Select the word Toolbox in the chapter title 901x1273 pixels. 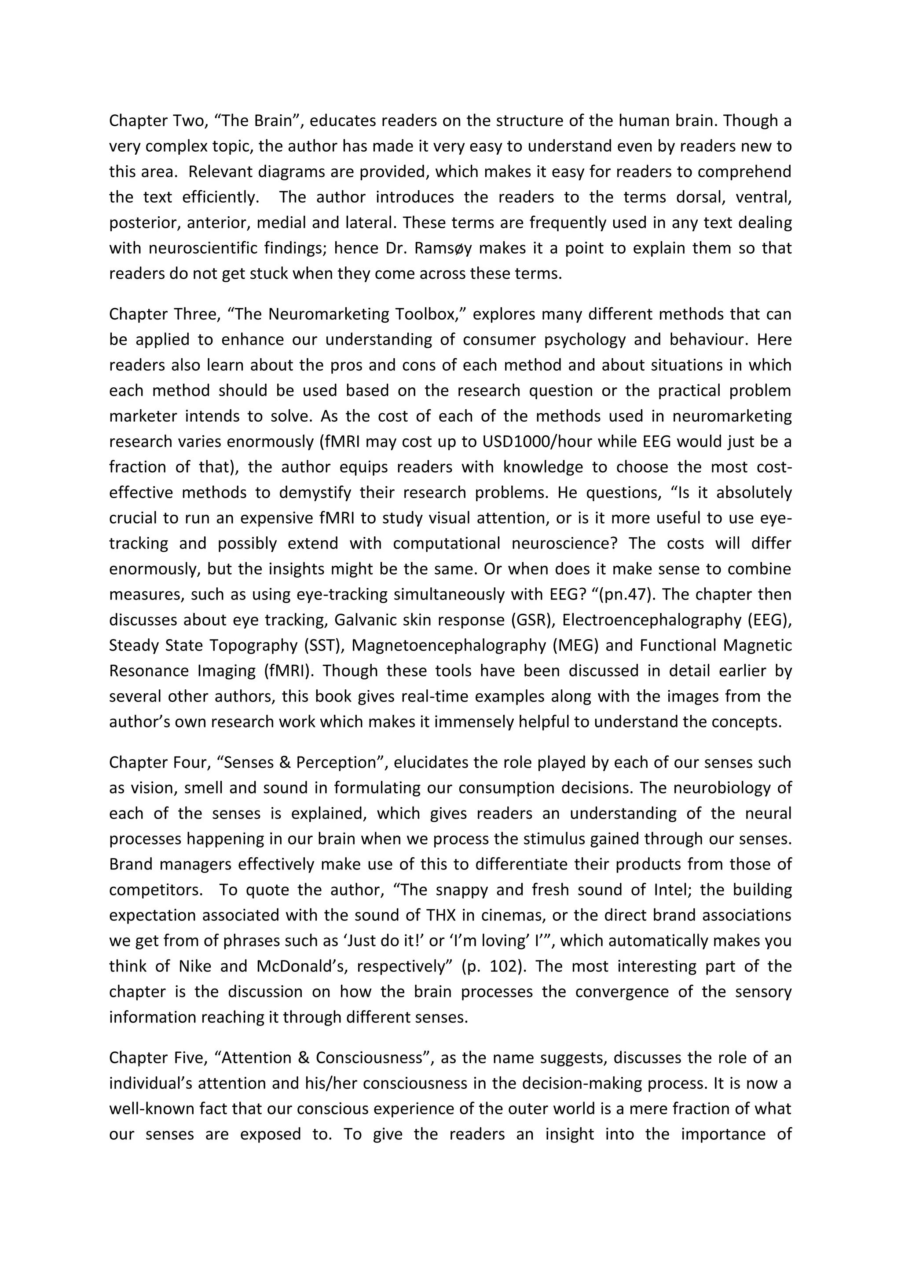(x=429, y=314)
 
